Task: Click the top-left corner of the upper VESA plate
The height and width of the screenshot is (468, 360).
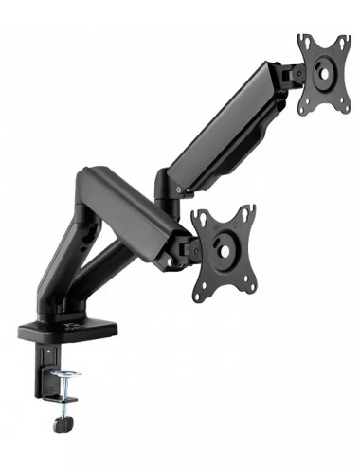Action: pos(303,41)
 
